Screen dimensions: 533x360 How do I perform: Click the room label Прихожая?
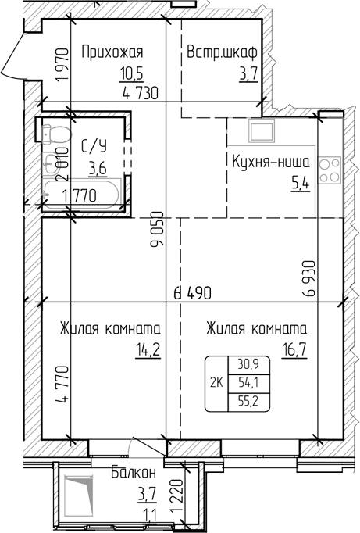(112, 53)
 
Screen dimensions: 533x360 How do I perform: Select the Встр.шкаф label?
(223, 53)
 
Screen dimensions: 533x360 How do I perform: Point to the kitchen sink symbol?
(260, 129)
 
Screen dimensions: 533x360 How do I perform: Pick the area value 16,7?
(293, 349)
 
